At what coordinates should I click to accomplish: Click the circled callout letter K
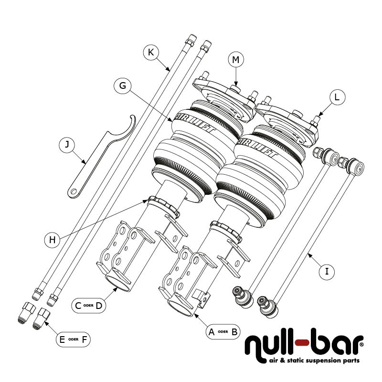pyautogui.click(x=151, y=53)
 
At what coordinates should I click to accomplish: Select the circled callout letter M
pyautogui.click(x=235, y=60)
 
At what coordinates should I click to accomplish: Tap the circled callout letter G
pyautogui.click(x=123, y=86)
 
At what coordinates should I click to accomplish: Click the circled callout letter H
pyautogui.click(x=53, y=239)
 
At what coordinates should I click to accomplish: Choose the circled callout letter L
pyautogui.click(x=337, y=97)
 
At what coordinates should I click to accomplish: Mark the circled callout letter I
pyautogui.click(x=327, y=272)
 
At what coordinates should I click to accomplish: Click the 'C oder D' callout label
pyautogui.click(x=89, y=306)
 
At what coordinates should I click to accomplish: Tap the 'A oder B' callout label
pyautogui.click(x=223, y=332)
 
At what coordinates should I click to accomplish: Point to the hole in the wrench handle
pyautogui.click(x=74, y=192)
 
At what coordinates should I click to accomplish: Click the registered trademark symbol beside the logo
pyautogui.click(x=361, y=343)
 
